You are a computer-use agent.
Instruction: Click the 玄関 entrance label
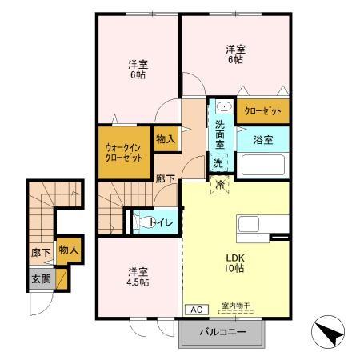tap(40, 279)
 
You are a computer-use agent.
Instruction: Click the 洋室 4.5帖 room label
tap(138, 276)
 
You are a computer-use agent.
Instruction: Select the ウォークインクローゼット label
tap(124, 152)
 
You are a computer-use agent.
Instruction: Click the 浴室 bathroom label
tap(262, 139)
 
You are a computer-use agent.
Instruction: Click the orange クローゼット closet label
tap(262, 112)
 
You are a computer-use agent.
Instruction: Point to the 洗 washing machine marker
tap(218, 163)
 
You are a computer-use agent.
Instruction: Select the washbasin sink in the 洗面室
tap(223, 106)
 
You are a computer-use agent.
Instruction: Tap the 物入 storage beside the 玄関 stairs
tap(69, 250)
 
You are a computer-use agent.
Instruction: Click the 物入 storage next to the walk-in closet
tap(166, 139)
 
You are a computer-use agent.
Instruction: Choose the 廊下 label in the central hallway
tap(165, 181)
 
